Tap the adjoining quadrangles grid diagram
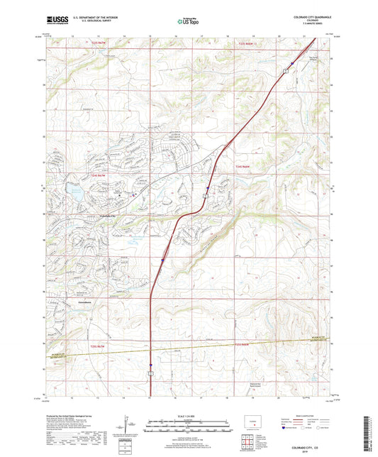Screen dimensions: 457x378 [250, 441]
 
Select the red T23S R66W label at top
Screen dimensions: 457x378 [243, 44]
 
